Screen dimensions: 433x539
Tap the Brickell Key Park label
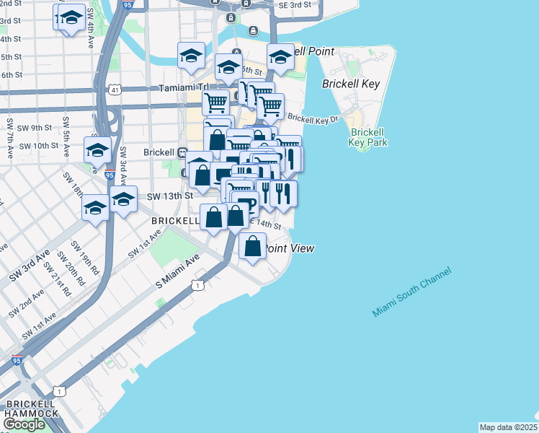pyautogui.click(x=367, y=137)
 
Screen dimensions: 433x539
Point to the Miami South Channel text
pyautogui.click(x=411, y=292)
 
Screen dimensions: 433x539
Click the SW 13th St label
pyautogui.click(x=170, y=196)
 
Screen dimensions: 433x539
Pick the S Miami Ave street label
pyautogui.click(x=177, y=272)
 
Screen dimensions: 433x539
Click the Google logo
pyautogui.click(x=24, y=424)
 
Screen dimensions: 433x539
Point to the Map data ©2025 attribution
pyautogui.click(x=508, y=427)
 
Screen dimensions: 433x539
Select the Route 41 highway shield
pyautogui.click(x=115, y=90)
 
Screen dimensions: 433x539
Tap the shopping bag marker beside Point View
pyautogui.click(x=253, y=246)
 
